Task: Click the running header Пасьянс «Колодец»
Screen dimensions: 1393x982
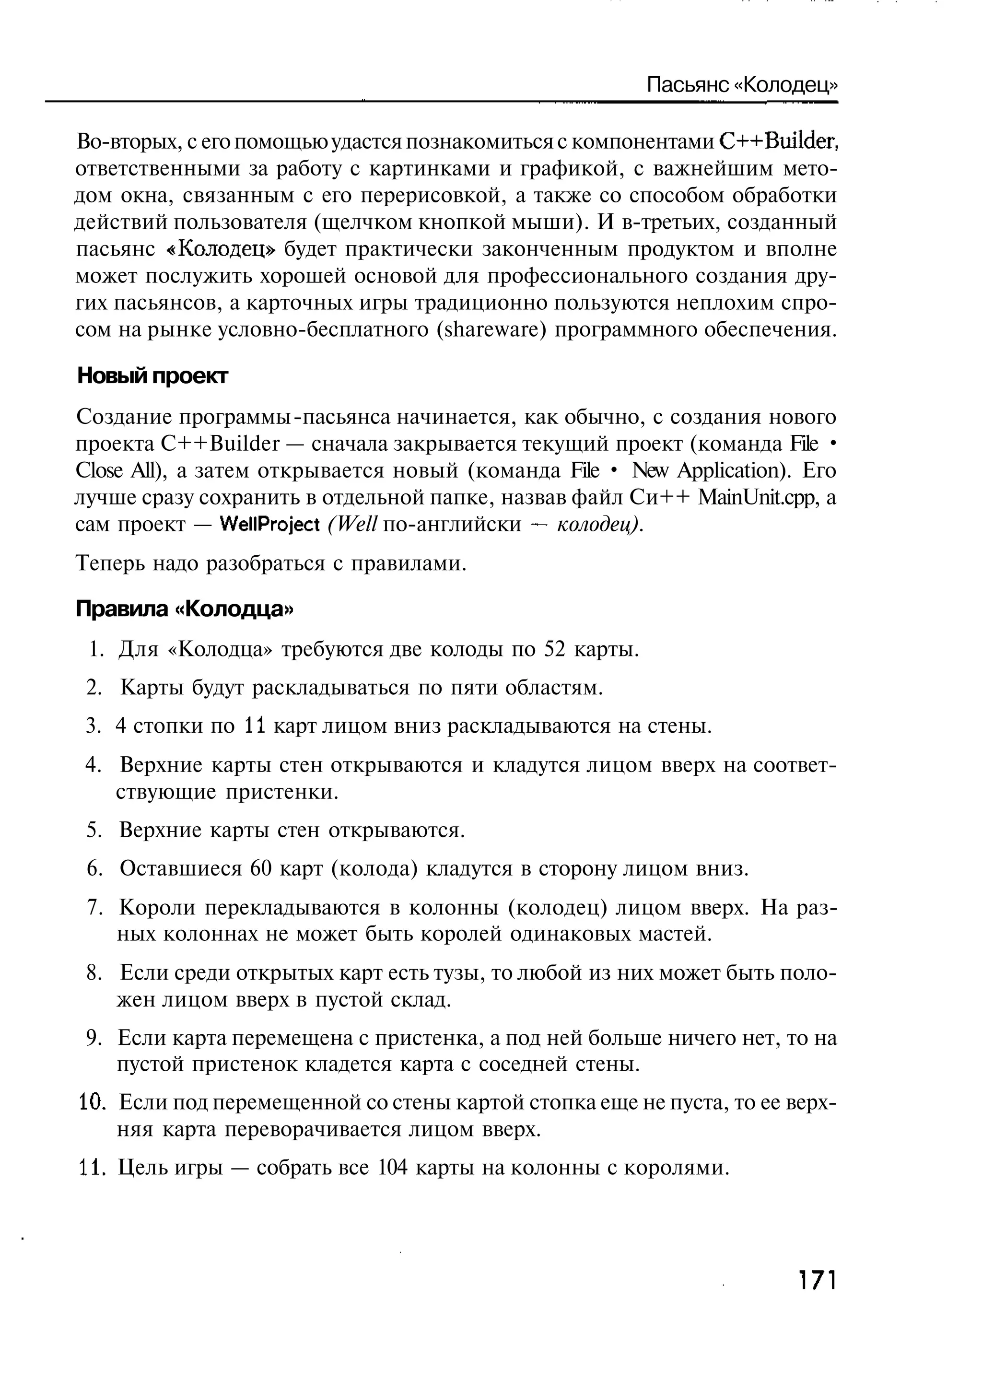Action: (x=742, y=84)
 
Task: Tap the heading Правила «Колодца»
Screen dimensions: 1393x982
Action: (x=185, y=609)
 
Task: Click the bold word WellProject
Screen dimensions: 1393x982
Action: (x=270, y=524)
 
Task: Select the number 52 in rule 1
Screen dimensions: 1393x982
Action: (x=554, y=650)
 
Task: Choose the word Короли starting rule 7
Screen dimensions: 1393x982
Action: (x=158, y=908)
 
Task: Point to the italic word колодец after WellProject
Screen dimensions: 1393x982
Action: (x=597, y=524)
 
